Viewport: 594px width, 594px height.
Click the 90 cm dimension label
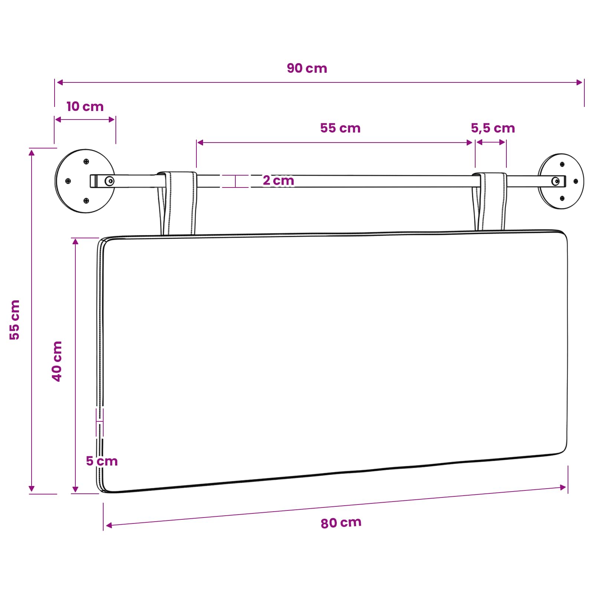(307, 68)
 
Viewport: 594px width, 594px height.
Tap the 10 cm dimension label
(85, 107)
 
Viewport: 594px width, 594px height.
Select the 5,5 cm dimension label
(493, 128)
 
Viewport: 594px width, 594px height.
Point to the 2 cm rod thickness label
(278, 180)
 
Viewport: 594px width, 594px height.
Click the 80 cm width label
(341, 523)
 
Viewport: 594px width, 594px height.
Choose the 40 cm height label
(57, 361)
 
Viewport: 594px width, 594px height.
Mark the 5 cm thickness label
(102, 461)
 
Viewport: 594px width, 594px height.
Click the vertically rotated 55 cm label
(14, 320)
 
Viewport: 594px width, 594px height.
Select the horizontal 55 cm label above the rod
(340, 128)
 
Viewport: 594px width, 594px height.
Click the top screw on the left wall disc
(86, 161)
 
